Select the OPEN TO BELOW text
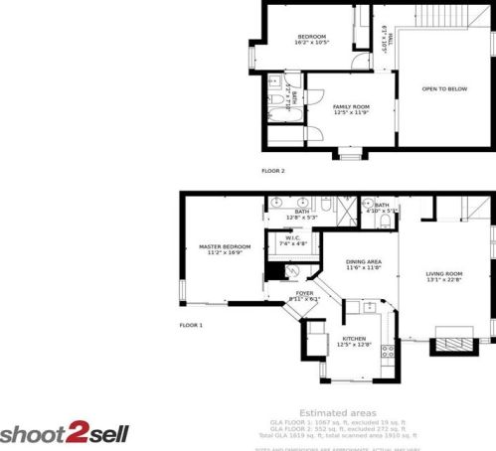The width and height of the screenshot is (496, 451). point(444,88)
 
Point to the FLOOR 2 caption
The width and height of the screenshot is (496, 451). point(273,171)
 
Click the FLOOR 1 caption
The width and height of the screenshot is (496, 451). point(191,325)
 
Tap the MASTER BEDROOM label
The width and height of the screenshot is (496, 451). point(224,246)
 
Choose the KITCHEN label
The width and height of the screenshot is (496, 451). point(356,339)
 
